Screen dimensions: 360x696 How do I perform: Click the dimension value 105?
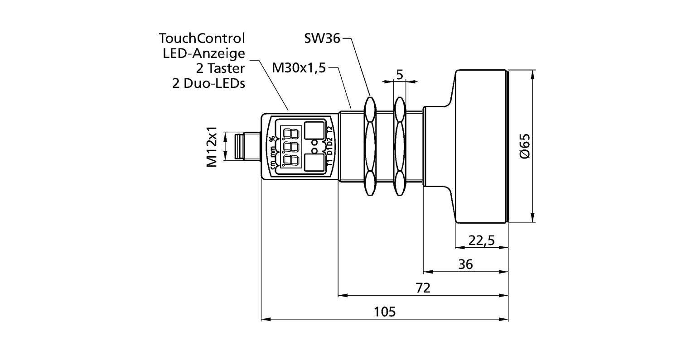point(385,312)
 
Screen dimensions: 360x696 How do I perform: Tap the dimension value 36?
point(465,264)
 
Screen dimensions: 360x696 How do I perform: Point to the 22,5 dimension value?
point(481,240)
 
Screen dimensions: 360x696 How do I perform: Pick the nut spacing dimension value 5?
point(399,74)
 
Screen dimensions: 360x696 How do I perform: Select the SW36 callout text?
point(322,39)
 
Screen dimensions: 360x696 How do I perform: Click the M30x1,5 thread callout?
point(299,68)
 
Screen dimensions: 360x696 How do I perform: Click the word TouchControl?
point(202,38)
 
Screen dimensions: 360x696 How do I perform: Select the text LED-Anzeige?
point(203,53)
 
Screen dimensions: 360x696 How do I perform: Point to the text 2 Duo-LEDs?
point(208,84)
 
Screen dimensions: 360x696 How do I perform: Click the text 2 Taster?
point(220,68)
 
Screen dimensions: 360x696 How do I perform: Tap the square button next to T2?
point(314,130)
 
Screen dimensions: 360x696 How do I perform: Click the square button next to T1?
point(314,162)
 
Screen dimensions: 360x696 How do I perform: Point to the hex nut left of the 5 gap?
point(369,146)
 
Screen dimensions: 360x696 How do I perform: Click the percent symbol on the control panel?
point(272,139)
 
